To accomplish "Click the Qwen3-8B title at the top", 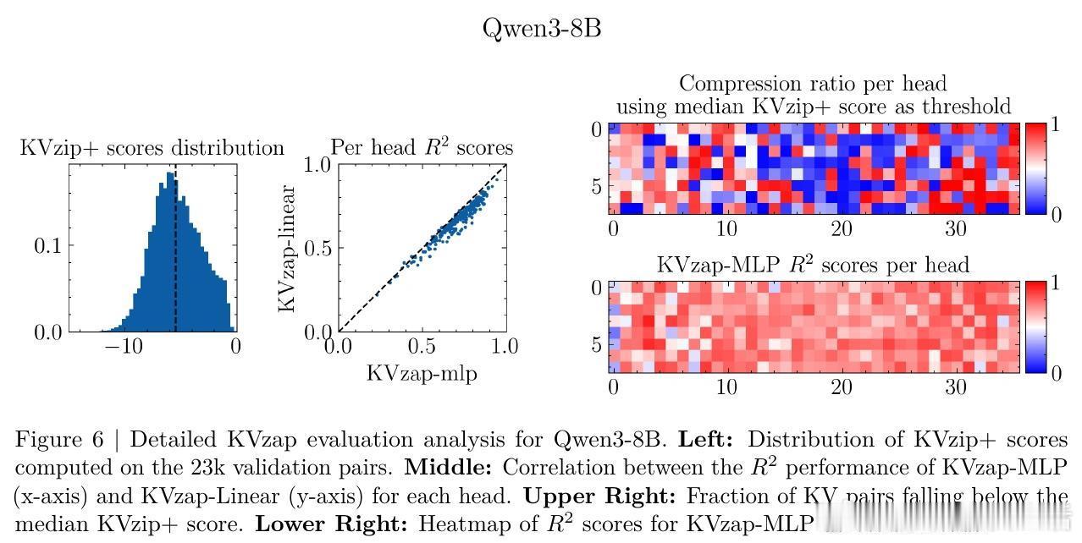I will pyautogui.click(x=542, y=28).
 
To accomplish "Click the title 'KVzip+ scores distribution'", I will pyautogui.click(x=152, y=149).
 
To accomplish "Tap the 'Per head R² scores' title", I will pyautogui.click(x=422, y=148).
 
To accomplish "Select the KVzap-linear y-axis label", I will pyautogui.click(x=288, y=248).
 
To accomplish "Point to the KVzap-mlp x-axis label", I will pyautogui.click(x=422, y=373).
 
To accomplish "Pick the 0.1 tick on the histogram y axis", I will pyautogui.click(x=47, y=246).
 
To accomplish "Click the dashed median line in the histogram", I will pyautogui.click(x=175, y=254).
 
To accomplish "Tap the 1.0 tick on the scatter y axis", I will pyautogui.click(x=317, y=165).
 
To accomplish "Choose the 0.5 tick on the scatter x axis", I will pyautogui.click(x=422, y=346).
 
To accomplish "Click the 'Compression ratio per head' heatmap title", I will pyautogui.click(x=813, y=84).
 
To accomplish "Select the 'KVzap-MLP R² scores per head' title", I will pyautogui.click(x=813, y=265).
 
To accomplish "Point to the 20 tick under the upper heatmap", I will pyautogui.click(x=841, y=228).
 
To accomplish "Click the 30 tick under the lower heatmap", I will pyautogui.click(x=955, y=387).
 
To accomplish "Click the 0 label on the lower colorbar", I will pyautogui.click(x=1055, y=373).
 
